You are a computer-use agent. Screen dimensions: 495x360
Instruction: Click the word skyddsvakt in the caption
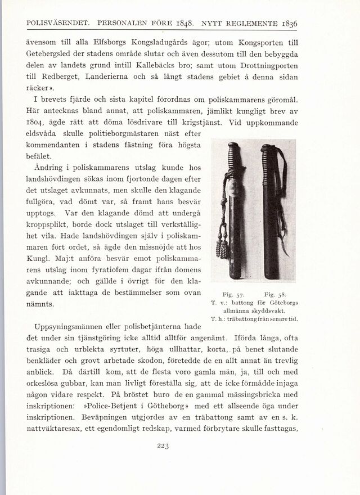click(x=270, y=310)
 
